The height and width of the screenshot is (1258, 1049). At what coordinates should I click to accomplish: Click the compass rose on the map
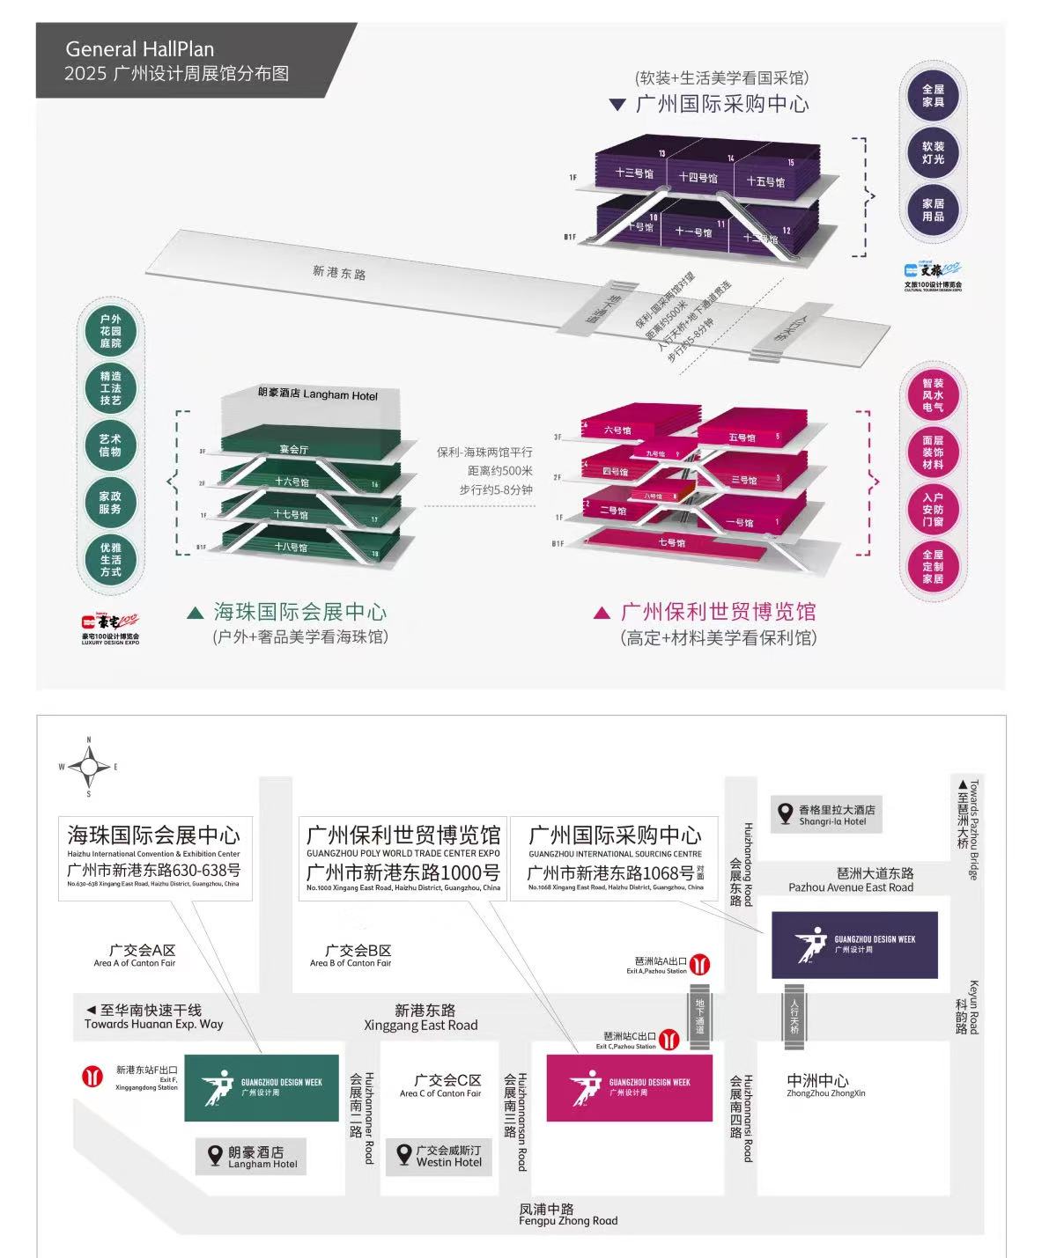pyautogui.click(x=89, y=767)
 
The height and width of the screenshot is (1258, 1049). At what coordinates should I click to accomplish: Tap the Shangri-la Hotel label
pyautogui.click(x=825, y=815)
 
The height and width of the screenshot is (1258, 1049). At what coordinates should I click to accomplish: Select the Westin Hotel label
pyautogui.click(x=439, y=1156)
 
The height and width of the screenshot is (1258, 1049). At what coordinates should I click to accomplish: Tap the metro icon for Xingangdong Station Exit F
pyautogui.click(x=92, y=1075)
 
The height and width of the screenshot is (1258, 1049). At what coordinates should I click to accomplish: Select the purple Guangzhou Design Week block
pyautogui.click(x=854, y=945)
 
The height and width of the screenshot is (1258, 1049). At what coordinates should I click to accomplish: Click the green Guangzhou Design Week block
pyautogui.click(x=262, y=1087)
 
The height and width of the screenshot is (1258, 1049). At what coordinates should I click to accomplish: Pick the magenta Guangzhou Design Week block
pyautogui.click(x=629, y=1087)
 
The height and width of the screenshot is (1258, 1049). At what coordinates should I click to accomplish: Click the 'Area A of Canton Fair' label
pyautogui.click(x=135, y=956)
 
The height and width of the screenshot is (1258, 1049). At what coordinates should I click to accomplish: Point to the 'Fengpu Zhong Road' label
pyautogui.click(x=568, y=1220)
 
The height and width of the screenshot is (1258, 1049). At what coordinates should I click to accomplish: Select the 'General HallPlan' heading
pyautogui.click(x=139, y=49)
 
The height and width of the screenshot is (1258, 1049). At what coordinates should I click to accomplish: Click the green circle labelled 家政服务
pyautogui.click(x=111, y=503)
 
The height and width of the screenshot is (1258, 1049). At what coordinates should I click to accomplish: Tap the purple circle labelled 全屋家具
pyautogui.click(x=933, y=96)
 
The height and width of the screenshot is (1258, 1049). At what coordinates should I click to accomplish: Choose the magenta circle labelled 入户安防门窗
pyautogui.click(x=933, y=510)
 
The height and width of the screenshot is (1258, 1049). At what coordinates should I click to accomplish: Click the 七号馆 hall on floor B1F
pyautogui.click(x=671, y=543)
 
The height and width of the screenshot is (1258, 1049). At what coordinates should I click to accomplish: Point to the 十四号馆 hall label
pyautogui.click(x=698, y=178)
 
